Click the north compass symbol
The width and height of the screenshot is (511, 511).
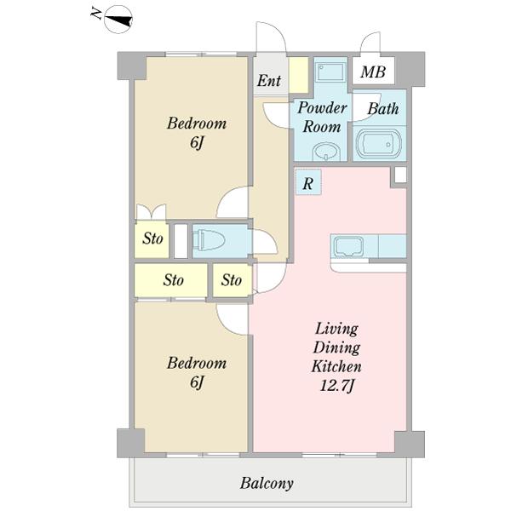[x=118, y=20]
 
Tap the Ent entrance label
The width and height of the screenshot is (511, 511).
[x=269, y=81]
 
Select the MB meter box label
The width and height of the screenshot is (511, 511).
[x=373, y=72]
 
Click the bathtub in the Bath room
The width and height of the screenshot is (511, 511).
[x=379, y=144]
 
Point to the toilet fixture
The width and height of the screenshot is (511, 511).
[x=209, y=240]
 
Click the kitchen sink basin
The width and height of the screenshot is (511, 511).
[x=347, y=246]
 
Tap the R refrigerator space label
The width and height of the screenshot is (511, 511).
[x=308, y=183]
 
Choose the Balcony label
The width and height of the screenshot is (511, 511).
[x=267, y=483]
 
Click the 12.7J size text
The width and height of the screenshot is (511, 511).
[x=336, y=386]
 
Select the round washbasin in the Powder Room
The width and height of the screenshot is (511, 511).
[x=326, y=152]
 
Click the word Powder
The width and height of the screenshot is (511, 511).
[x=322, y=107]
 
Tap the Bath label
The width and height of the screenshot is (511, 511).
[x=383, y=108]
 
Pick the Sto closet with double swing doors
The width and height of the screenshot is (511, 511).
[x=152, y=239]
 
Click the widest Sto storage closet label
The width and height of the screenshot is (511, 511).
[x=174, y=280]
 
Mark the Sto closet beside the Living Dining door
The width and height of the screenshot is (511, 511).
[x=232, y=280]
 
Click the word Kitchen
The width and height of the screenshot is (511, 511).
[x=336, y=366]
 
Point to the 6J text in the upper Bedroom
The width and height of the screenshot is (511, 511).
[x=197, y=142]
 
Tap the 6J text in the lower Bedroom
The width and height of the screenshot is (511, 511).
[x=197, y=382]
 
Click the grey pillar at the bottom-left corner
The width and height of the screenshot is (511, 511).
[x=131, y=443]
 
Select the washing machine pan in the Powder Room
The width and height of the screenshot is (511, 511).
[x=330, y=72]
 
